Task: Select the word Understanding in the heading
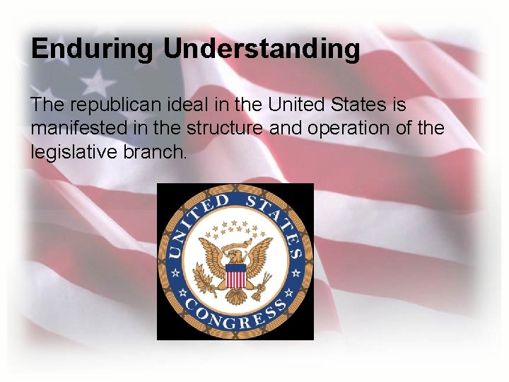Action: coord(262,50)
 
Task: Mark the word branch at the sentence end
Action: coord(158,152)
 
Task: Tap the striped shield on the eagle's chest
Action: coord(235,274)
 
